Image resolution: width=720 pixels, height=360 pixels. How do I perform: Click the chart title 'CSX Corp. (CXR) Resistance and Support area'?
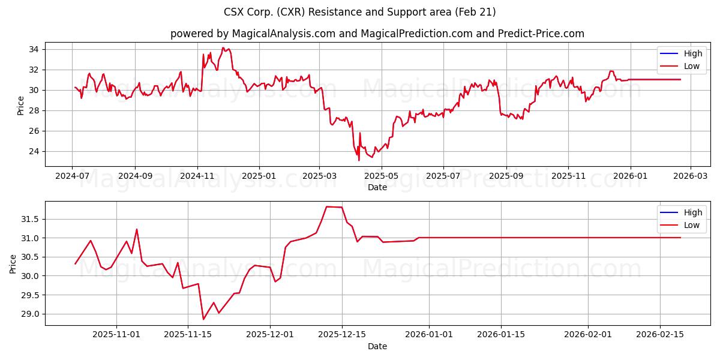tap(359, 12)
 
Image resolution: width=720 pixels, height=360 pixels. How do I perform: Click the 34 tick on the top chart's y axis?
tap(34, 49)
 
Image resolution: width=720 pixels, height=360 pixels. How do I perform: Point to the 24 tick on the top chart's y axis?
tap(34, 151)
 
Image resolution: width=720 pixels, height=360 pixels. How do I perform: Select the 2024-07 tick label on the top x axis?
tap(72, 176)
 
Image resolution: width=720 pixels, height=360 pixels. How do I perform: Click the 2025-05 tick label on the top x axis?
tap(381, 176)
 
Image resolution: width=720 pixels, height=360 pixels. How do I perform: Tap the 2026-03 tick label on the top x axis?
tap(690, 176)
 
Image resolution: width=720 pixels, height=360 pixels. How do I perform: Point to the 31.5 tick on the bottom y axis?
tap(30, 220)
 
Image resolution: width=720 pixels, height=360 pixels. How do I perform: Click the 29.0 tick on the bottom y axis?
tap(30, 314)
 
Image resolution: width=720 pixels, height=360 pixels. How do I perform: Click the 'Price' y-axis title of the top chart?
tap(21, 106)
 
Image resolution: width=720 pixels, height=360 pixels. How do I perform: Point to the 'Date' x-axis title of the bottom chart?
tap(377, 346)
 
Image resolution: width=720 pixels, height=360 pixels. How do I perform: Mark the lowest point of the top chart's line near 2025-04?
tap(359, 160)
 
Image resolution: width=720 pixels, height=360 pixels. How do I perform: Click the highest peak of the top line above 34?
tap(223, 48)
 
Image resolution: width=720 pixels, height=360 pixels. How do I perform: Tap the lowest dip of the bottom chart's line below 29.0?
tap(203, 319)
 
